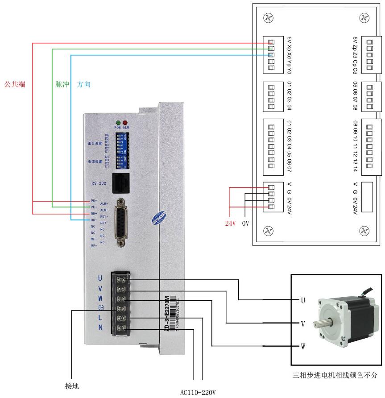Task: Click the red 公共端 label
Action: pos(14,83)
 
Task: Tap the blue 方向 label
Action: pos(83,84)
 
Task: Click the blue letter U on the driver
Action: pos(100,278)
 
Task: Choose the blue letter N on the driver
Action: pos(100,328)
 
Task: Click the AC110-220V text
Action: pos(198,392)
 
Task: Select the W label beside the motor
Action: pos(303,346)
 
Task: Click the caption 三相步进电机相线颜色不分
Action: pos(335,375)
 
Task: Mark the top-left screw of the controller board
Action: pos(268,18)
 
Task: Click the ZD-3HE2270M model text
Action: pos(167,312)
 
